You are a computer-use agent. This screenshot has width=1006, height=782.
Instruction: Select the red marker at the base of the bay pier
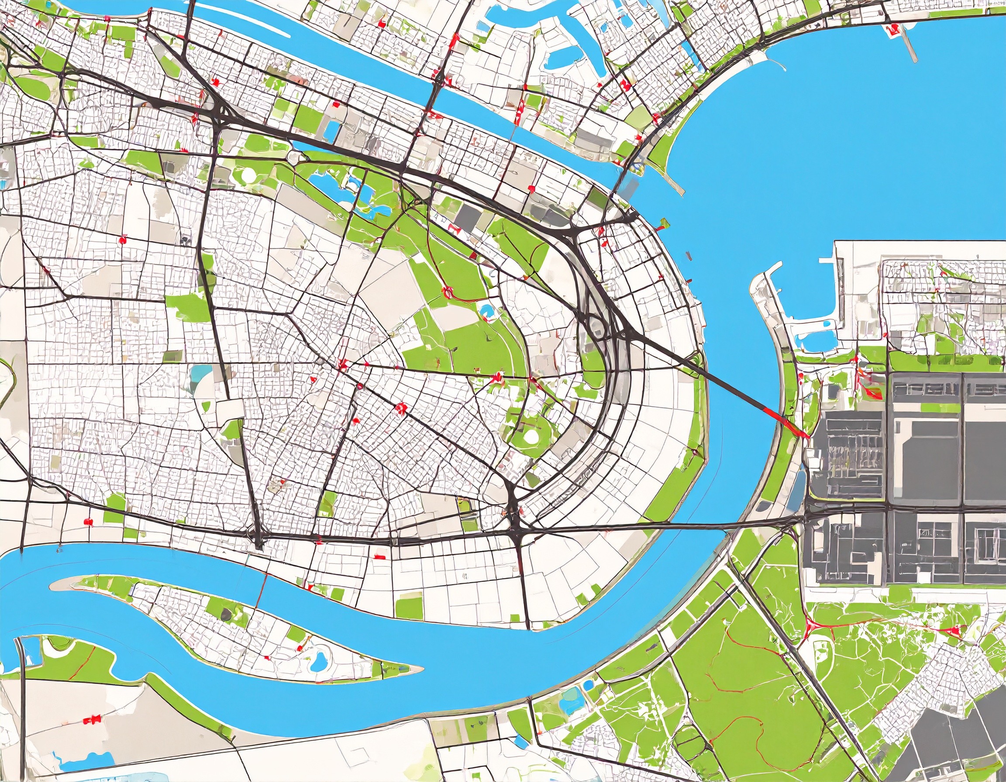coord(891,31)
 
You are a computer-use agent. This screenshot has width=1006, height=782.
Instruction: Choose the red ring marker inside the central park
coord(446,291)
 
